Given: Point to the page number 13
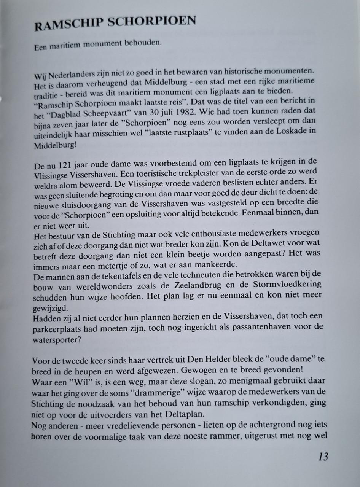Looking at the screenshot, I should [323, 457].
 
